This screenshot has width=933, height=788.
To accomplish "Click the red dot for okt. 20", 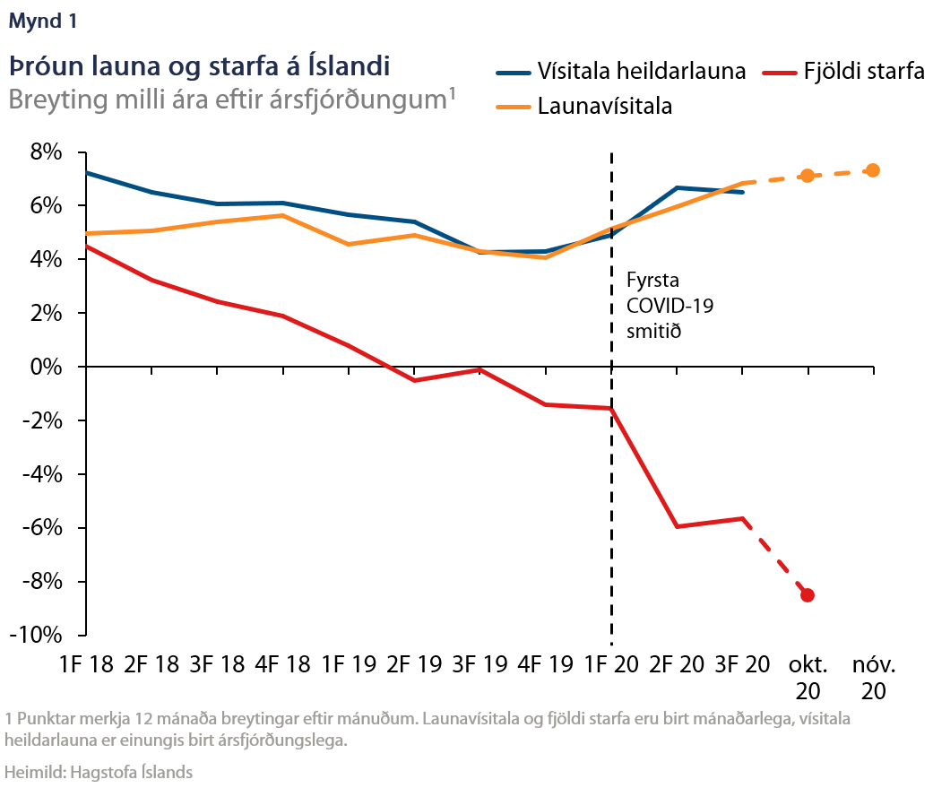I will [x=808, y=595].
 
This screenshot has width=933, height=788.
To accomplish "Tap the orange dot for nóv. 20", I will [x=873, y=170].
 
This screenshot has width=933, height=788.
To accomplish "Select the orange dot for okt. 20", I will [x=808, y=176].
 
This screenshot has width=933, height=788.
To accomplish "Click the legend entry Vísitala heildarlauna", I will [x=642, y=72].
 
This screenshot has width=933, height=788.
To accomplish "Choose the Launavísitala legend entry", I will [x=605, y=107].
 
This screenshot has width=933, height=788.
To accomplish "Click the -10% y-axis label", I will [x=38, y=635].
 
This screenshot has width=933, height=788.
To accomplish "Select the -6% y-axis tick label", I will [x=42, y=528].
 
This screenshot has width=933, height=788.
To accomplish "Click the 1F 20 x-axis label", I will [x=611, y=665].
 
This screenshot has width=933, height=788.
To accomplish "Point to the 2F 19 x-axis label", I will [x=414, y=665].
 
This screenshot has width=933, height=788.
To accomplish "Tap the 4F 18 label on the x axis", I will [x=283, y=665].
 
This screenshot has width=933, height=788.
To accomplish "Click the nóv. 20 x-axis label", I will [x=874, y=678].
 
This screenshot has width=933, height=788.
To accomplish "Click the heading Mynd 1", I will [x=42, y=23].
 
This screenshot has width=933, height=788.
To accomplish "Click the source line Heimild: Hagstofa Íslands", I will [x=99, y=771].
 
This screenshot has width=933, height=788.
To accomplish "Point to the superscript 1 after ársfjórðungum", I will [x=452, y=90].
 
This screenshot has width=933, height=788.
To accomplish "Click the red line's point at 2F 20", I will [x=677, y=526].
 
